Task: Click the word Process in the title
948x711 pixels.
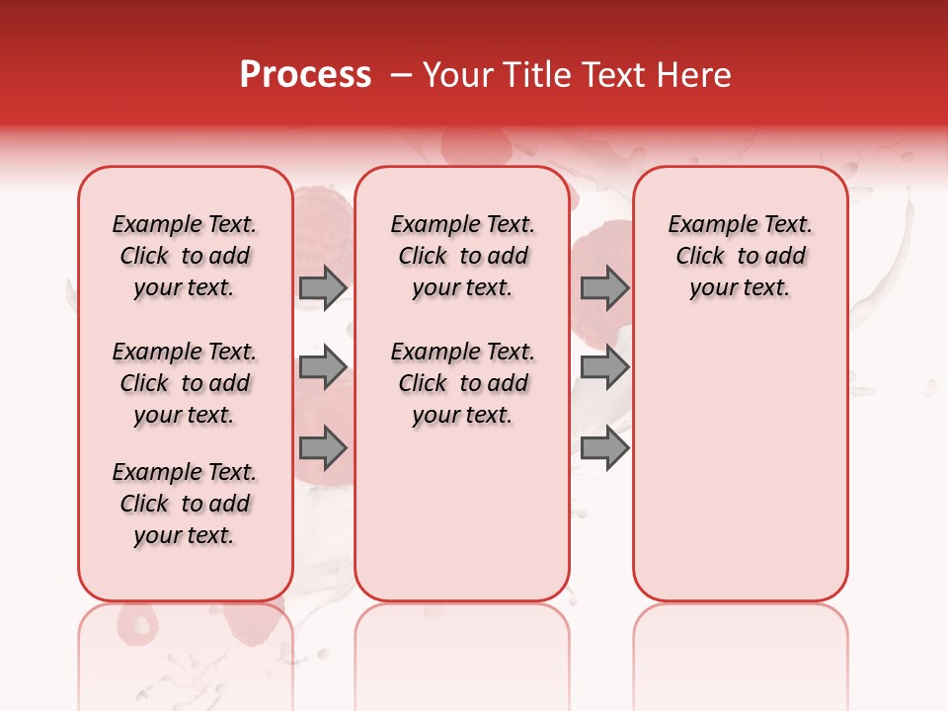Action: coord(305,75)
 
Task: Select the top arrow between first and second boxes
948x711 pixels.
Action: coord(323,287)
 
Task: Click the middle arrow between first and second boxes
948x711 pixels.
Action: coord(323,367)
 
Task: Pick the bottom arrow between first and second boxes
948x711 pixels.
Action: coord(323,448)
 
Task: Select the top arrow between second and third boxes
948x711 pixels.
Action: coord(604,287)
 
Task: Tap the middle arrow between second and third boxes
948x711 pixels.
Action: coord(604,367)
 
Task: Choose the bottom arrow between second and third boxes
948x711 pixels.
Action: coord(604,448)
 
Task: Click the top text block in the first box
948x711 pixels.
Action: coord(185,256)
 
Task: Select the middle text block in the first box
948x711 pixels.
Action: coord(185,383)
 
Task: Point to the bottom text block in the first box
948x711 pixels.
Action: coord(185,504)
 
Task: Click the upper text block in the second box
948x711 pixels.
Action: coord(462,256)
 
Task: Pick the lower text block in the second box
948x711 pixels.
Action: coord(462,383)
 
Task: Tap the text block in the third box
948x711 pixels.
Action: coord(740,256)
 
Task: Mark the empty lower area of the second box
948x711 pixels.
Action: coord(462,513)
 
